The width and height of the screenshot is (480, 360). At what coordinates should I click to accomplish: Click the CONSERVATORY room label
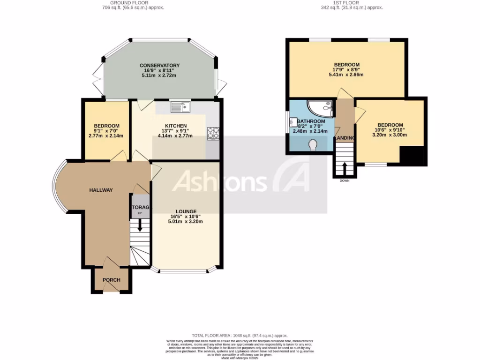click(159, 65)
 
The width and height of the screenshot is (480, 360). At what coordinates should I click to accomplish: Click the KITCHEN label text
click(176, 126)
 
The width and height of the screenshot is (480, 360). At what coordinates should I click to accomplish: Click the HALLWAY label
click(101, 190)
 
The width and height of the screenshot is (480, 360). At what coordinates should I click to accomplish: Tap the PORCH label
click(112, 280)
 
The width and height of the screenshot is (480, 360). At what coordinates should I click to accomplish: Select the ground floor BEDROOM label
click(106, 126)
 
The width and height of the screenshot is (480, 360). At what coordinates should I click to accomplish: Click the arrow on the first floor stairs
click(345, 168)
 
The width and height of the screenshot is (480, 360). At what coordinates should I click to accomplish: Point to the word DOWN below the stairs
click(345, 181)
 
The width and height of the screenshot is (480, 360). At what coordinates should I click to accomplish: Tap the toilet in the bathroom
click(314, 146)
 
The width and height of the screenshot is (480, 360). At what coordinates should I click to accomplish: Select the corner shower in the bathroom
click(321, 108)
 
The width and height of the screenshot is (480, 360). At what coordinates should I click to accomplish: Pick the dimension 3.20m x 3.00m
click(390, 135)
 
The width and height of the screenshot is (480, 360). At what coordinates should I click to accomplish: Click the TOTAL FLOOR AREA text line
click(240, 336)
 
